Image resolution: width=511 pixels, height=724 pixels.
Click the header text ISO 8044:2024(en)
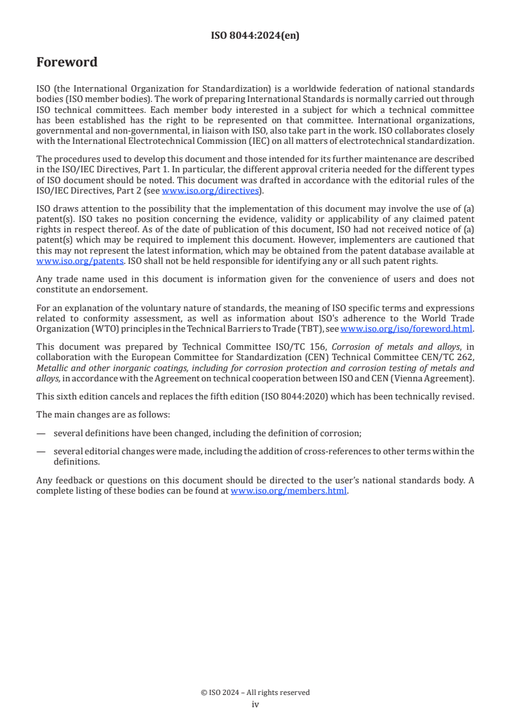(255, 36)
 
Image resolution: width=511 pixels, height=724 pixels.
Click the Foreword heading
(67, 63)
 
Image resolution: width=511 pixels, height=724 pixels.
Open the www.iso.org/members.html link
(289, 491)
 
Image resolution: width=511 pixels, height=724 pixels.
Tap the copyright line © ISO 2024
(255, 692)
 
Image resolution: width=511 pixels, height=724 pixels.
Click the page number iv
(255, 704)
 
